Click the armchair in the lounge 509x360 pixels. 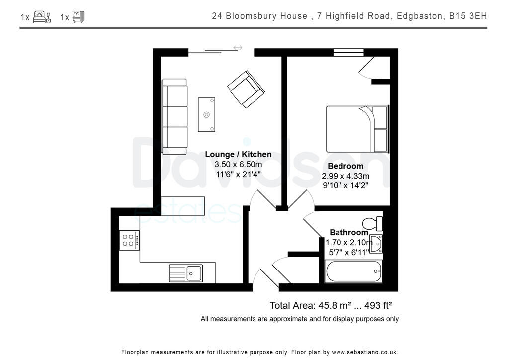(x=246, y=90)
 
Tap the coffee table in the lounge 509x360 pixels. (x=207, y=114)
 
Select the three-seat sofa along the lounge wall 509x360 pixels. (x=174, y=116)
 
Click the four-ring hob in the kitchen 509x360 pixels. (x=129, y=240)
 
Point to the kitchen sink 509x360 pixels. (x=185, y=273)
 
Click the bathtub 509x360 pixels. (x=353, y=271)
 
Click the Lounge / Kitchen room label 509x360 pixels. (x=238, y=154)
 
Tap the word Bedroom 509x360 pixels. (x=345, y=166)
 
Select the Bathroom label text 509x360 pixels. (x=349, y=232)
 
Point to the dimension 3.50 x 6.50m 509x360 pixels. (x=238, y=164)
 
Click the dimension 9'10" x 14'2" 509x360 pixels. (x=345, y=185)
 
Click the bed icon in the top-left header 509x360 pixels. (x=42, y=17)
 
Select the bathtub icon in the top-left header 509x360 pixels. (x=78, y=17)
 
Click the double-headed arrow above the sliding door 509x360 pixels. (x=238, y=48)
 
